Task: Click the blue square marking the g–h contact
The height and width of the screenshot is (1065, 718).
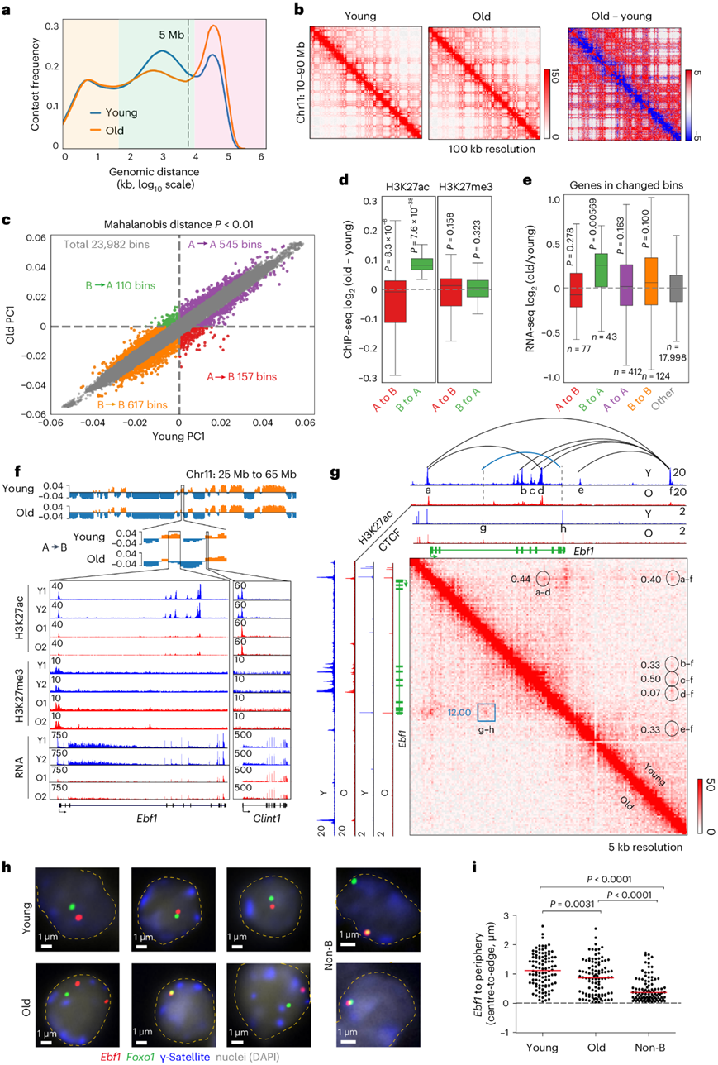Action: pyautogui.click(x=487, y=712)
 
